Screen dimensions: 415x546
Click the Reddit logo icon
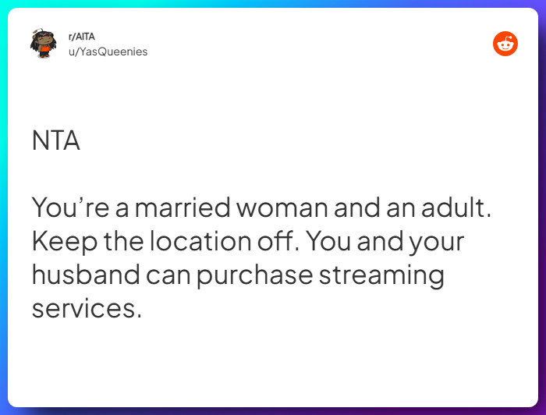pyautogui.click(x=505, y=44)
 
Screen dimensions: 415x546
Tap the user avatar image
pyautogui.click(x=42, y=44)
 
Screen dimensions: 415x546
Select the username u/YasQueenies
pyautogui.click(x=108, y=51)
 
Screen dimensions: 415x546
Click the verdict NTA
pyautogui.click(x=55, y=141)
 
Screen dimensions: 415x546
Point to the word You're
pyautogui.click(x=69, y=208)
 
